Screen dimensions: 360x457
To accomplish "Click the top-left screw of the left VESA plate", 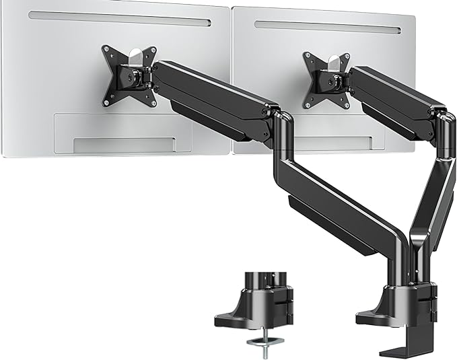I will pyautogui.click(x=106, y=49).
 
